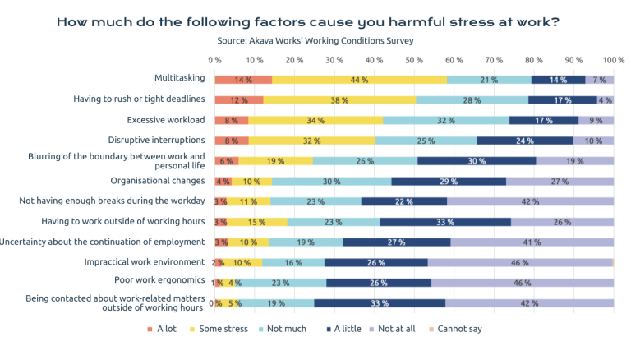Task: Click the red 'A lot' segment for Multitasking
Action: point(243,80)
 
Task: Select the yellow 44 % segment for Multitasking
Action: point(359,80)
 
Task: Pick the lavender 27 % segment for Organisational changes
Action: point(560,181)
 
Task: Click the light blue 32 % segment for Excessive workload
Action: point(446,120)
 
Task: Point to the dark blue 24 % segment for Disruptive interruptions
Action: point(525,141)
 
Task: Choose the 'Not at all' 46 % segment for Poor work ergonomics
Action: point(522,282)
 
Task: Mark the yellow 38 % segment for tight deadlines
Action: point(339,100)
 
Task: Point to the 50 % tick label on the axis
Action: point(414,60)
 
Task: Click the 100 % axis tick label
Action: point(614,60)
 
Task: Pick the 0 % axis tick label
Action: point(214,60)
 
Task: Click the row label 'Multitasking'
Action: point(179,78)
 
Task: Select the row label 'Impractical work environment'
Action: point(144,262)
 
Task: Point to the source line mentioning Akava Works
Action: point(315,39)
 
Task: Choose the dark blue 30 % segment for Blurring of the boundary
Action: point(477,161)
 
